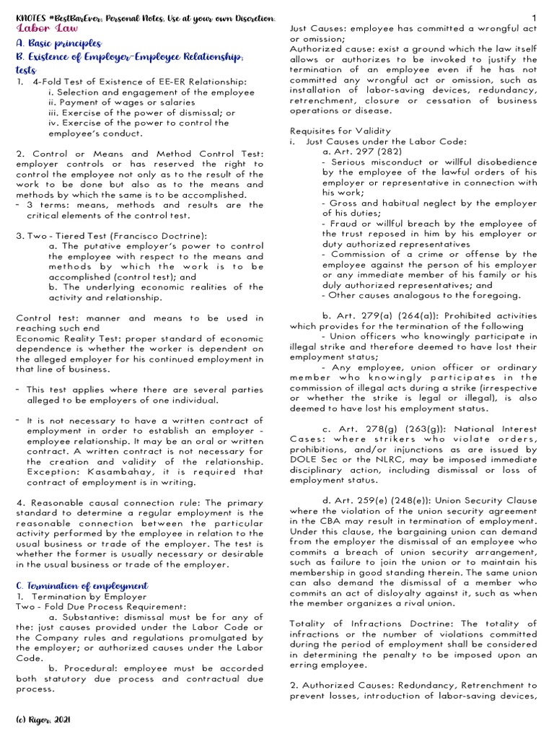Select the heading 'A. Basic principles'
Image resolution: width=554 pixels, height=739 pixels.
(58, 43)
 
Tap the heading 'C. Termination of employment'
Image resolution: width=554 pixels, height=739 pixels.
(82, 585)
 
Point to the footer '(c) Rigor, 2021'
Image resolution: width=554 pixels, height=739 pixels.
(43, 720)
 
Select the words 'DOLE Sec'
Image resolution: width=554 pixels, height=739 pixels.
(312, 460)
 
